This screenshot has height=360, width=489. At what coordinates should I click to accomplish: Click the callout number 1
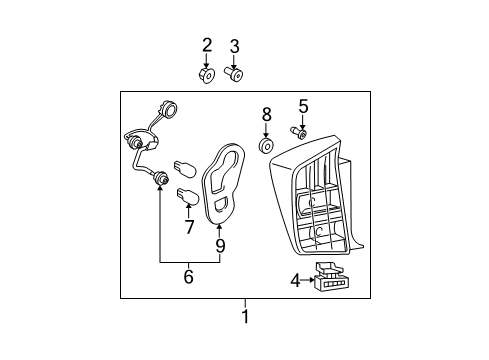pos(245,316)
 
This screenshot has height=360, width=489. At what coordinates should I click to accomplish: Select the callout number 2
pos(207,45)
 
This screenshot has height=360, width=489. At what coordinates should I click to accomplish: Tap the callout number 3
pos(235,46)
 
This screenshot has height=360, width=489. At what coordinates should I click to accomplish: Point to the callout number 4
pos(295,281)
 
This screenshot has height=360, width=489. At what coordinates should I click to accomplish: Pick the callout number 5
pos(303,106)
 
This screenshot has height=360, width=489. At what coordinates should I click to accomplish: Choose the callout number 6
pos(189,276)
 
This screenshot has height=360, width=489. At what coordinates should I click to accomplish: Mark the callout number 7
pos(189,227)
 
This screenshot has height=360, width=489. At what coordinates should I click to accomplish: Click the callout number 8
pos(267,115)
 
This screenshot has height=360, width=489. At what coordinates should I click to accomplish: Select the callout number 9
pos(220,246)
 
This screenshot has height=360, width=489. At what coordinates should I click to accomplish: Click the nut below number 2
pos(207,75)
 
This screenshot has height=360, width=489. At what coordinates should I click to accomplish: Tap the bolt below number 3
pos(233,74)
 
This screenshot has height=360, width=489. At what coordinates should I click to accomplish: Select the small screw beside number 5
pos(298,132)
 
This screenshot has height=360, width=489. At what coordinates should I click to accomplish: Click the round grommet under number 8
pos(267,146)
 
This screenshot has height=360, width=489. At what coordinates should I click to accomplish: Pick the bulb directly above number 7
pos(188,196)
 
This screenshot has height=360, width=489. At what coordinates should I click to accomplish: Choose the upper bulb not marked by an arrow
pos(185,168)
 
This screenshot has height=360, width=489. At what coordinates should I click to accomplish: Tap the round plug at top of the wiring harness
pos(169,109)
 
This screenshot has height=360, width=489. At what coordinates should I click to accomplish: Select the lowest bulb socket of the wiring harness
pos(160,178)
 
